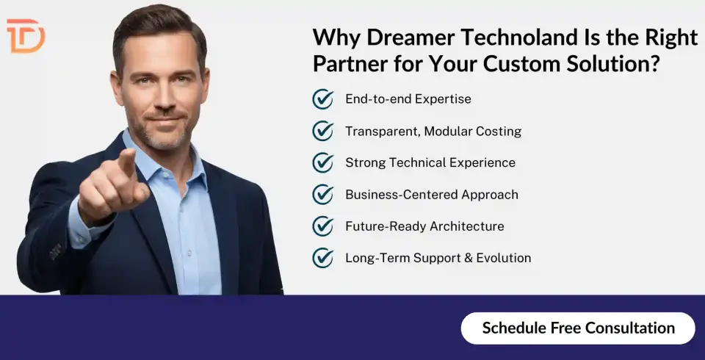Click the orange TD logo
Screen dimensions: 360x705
pos(26,35)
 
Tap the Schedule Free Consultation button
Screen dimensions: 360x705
pos(578,328)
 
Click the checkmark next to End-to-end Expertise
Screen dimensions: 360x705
pos(323,99)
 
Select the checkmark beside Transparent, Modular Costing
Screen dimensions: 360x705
pos(323,131)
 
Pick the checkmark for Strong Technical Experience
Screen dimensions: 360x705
pos(323,162)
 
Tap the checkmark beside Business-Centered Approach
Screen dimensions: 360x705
pos(323,195)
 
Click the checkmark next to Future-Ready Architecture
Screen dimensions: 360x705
pos(323,226)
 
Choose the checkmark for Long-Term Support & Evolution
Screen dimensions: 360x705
pos(323,258)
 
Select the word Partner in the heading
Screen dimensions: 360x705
pos(347,63)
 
